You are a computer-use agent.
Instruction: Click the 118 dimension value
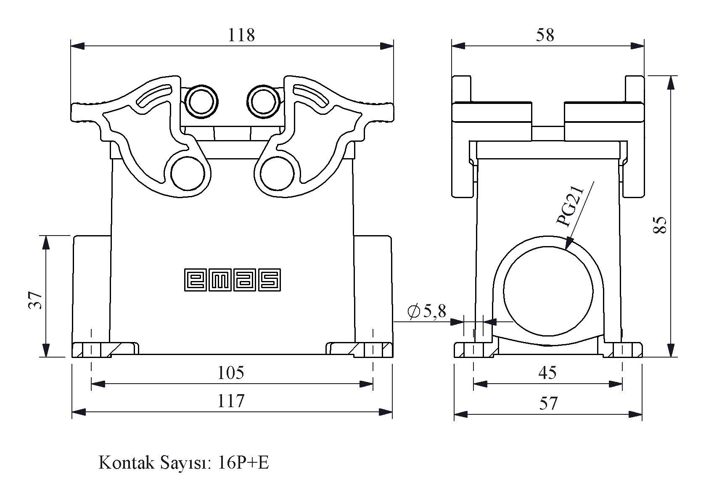tap(241, 35)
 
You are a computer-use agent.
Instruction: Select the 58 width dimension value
tap(545, 35)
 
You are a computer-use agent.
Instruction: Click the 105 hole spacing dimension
tap(230, 373)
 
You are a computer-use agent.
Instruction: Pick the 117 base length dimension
tap(230, 401)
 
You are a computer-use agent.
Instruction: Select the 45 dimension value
tap(547, 373)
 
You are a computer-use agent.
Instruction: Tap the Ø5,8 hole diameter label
tap(426, 311)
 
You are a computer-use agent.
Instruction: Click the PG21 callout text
tap(570, 206)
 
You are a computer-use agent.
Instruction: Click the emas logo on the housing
tap(233, 280)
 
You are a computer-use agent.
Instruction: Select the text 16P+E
tap(243, 463)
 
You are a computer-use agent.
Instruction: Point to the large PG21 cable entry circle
tap(548, 290)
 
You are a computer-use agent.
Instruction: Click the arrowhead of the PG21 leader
tap(569, 244)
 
